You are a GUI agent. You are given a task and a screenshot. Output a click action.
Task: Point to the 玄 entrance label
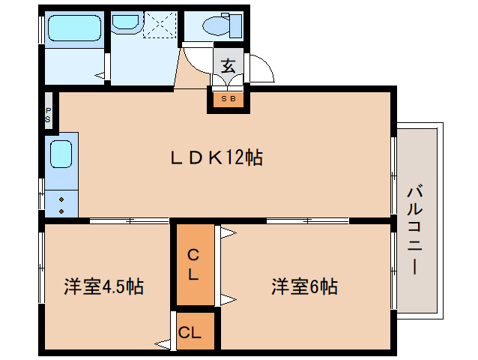(x=228, y=65)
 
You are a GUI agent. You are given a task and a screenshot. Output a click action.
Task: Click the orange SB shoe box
(x=228, y=98)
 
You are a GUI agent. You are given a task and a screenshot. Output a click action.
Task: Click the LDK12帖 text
(x=216, y=158)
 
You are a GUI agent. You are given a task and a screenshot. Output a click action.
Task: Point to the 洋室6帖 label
(x=303, y=286)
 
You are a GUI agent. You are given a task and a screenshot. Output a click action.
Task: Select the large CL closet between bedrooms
(x=193, y=264)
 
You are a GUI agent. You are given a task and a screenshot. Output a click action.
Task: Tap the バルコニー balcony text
(x=415, y=229)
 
